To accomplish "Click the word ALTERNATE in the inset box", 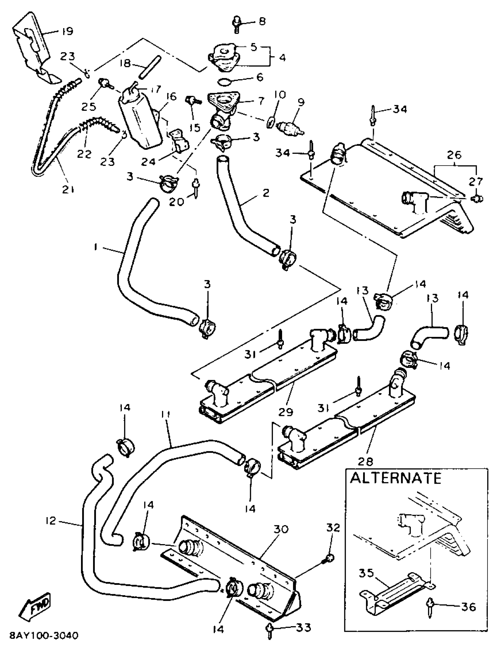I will click(x=395, y=478).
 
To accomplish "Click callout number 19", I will click(x=68, y=31).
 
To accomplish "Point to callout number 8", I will click(x=262, y=21).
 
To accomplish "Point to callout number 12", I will click(x=51, y=521).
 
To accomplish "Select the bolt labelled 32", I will click(x=329, y=558).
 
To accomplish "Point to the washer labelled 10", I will click(x=270, y=122).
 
